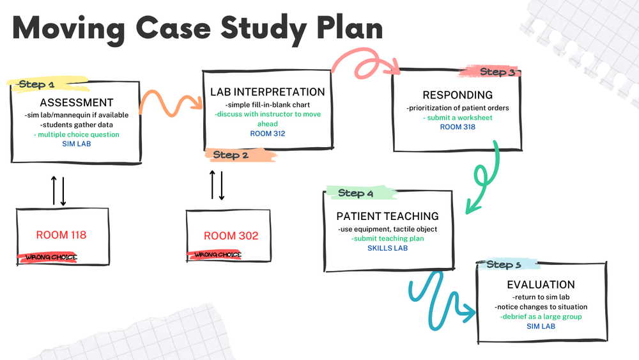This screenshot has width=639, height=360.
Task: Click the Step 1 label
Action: [x=36, y=84]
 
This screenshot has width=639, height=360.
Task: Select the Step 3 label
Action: [x=497, y=72]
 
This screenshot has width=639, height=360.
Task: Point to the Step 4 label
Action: [x=355, y=193]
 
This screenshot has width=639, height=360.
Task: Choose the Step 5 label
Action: [x=504, y=264]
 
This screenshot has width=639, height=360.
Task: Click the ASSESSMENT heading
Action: [x=77, y=103]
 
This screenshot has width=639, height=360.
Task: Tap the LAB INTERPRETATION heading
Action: [x=268, y=92]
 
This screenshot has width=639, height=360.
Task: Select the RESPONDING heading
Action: [x=458, y=95]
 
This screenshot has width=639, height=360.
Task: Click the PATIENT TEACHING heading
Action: [x=388, y=216]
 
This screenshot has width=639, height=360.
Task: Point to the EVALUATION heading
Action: [x=541, y=285]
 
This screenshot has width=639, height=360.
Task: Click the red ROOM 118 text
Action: [x=61, y=235]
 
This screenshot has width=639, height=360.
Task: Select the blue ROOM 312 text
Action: [x=267, y=134]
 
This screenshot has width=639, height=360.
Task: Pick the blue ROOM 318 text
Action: [x=458, y=127]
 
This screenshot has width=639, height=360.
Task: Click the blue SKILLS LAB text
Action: [x=387, y=248]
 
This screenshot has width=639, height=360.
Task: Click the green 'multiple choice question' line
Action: [x=77, y=135]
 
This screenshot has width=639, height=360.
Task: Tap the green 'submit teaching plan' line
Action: [x=387, y=239]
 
